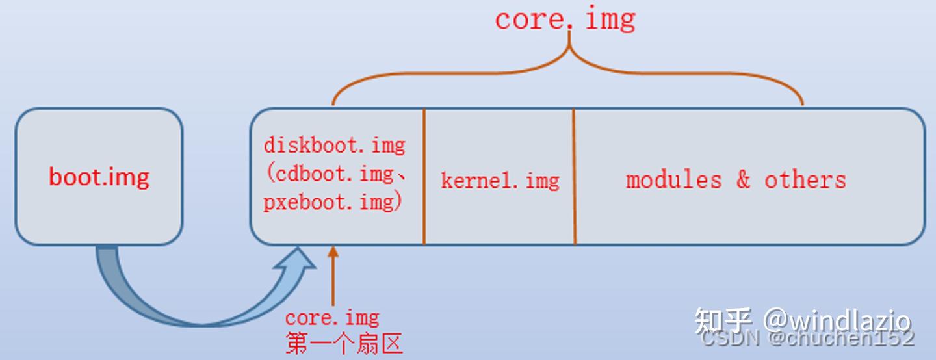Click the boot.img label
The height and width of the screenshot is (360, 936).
pyautogui.click(x=99, y=177)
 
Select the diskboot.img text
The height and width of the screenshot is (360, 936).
pyautogui.click(x=334, y=145)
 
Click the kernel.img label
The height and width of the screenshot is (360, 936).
pyautogui.click(x=500, y=180)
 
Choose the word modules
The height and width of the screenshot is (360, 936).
pyautogui.click(x=673, y=179)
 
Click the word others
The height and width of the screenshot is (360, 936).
pyautogui.click(x=805, y=179)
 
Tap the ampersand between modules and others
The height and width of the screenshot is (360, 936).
pyautogui.click(x=743, y=179)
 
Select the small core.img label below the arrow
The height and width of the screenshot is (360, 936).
pyautogui.click(x=332, y=318)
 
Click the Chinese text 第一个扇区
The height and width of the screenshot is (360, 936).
pyautogui.click(x=344, y=343)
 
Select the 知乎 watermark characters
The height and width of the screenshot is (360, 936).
pyautogui.click(x=723, y=320)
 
